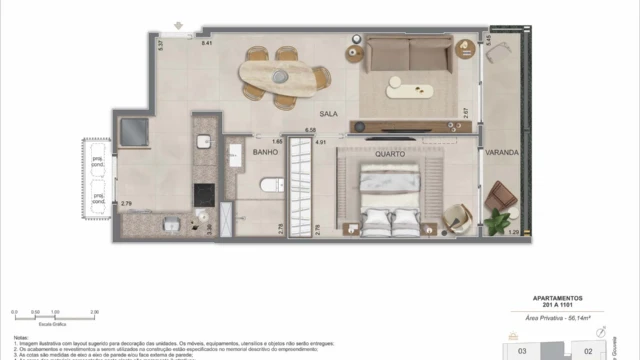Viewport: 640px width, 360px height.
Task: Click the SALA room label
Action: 329,114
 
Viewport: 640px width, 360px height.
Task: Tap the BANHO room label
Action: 265,153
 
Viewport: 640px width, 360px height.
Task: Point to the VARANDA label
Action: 502,153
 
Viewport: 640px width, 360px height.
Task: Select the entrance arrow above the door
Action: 178,25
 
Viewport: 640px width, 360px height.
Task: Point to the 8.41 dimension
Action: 207,44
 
